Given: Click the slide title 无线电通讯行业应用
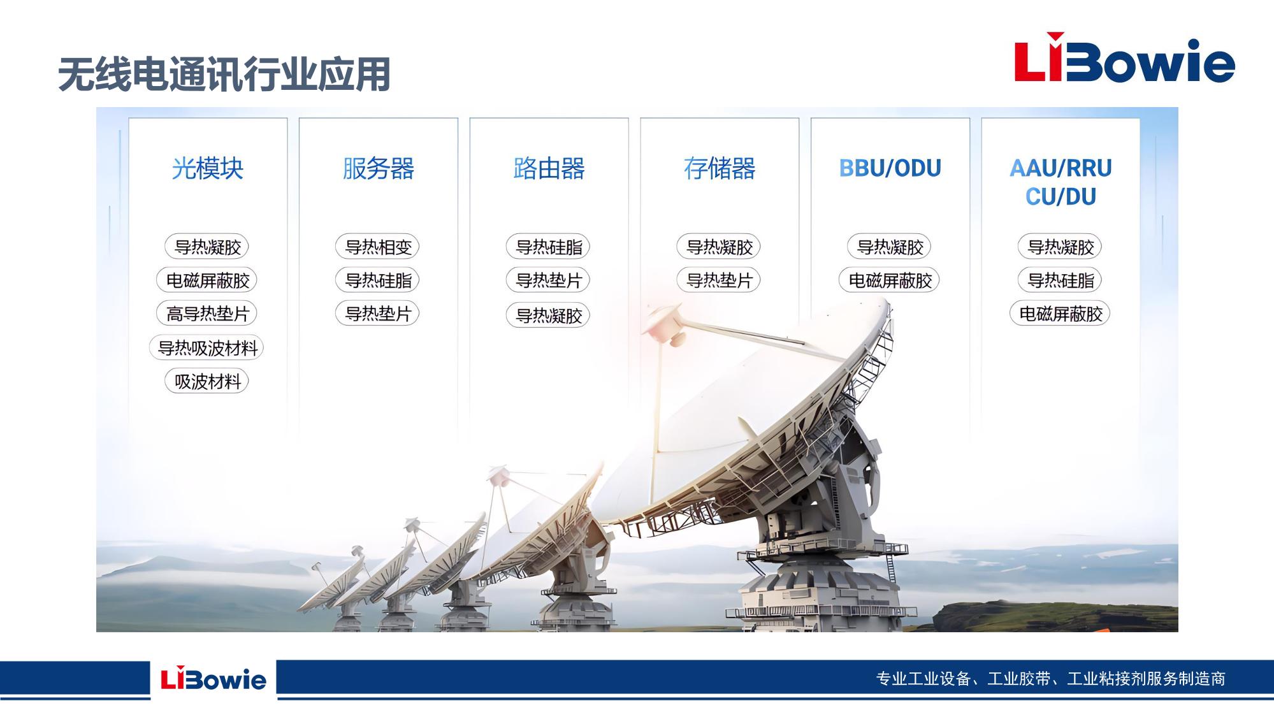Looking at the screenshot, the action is [x=224, y=75].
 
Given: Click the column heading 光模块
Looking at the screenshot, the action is [x=208, y=168].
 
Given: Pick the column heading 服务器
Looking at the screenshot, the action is [x=379, y=168].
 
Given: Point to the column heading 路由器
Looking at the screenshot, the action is [x=549, y=168].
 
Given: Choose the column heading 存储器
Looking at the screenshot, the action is [x=720, y=168].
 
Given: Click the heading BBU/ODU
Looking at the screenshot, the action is [x=890, y=168].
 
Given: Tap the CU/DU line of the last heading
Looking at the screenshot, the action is [x=1060, y=196].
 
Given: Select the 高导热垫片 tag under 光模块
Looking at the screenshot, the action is [x=207, y=314].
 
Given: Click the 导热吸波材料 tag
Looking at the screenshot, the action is [x=207, y=347].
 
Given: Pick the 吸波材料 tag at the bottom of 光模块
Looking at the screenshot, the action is [x=207, y=381].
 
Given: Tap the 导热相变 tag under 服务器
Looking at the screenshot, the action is [x=378, y=247].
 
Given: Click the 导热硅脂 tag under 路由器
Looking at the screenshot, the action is [x=549, y=247].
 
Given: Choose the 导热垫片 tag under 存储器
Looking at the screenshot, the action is [x=720, y=280].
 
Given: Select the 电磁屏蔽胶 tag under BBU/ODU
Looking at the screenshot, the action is [x=890, y=280].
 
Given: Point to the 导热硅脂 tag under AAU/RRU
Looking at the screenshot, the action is [x=1060, y=280].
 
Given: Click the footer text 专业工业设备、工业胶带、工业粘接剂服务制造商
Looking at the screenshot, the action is [x=1051, y=679].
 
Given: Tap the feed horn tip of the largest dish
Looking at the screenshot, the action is [x=665, y=324].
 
